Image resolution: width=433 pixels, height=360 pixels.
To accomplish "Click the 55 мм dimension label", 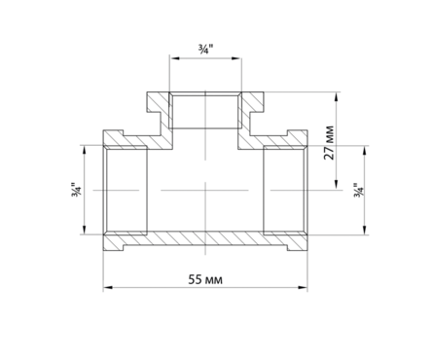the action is [x=205, y=279].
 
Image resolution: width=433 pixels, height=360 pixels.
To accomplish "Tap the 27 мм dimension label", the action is [x=329, y=142].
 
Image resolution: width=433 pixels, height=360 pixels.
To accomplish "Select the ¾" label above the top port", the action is [x=205, y=50].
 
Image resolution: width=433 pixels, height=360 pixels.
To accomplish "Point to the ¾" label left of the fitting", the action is [x=77, y=190].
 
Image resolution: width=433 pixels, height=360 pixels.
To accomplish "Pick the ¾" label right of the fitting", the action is [x=359, y=190].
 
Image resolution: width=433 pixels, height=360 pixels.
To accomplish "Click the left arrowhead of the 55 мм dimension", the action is [x=108, y=287].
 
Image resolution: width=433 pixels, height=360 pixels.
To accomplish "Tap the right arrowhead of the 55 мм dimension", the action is [x=303, y=287].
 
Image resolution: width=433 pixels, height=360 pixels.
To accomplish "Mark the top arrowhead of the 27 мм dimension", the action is [x=337, y=96].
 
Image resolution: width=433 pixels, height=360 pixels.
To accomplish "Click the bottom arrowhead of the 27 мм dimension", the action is [x=337, y=185].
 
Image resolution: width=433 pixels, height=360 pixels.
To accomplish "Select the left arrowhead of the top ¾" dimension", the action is [x=174, y=58].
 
